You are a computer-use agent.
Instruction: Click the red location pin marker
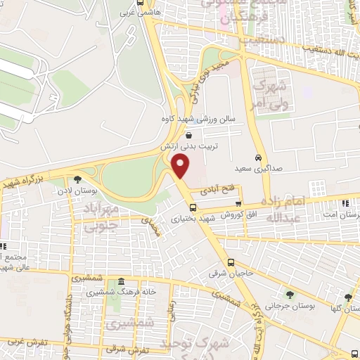[x=181, y=166]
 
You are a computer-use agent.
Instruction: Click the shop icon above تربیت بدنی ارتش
[x=188, y=135]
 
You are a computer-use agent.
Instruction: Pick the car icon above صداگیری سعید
[x=258, y=157]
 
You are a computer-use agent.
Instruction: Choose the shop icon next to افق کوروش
[x=238, y=204]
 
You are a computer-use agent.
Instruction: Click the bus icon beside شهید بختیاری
[x=193, y=208]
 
